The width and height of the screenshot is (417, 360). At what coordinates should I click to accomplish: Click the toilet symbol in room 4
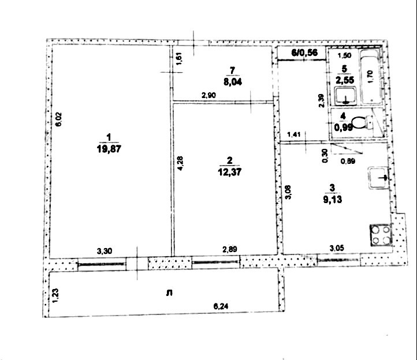[x=362, y=122]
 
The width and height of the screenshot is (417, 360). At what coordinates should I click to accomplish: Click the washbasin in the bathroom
[x=345, y=96]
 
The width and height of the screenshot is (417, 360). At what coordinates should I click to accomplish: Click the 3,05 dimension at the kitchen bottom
[x=336, y=248]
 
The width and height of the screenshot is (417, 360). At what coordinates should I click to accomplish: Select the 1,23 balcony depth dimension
[x=56, y=296]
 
